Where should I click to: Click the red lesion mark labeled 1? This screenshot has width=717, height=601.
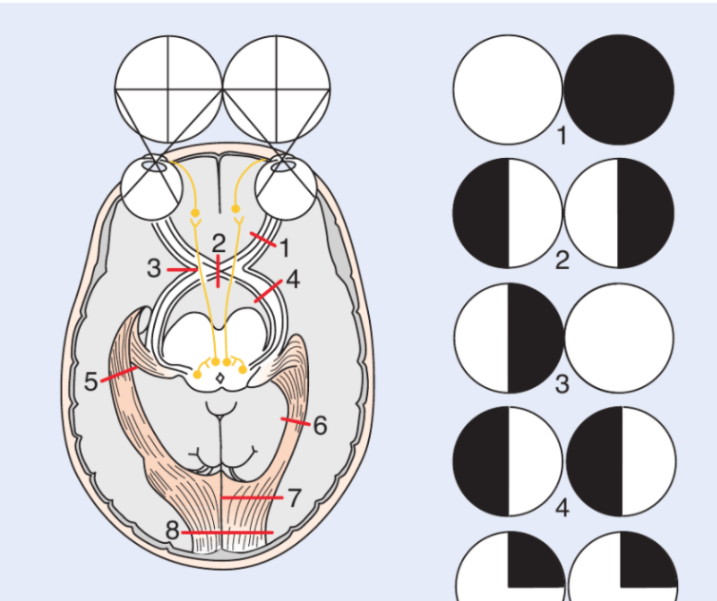262,240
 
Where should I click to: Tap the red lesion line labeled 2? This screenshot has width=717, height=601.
218,271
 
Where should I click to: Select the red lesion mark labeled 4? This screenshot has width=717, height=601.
268,291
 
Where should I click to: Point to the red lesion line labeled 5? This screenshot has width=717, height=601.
119,374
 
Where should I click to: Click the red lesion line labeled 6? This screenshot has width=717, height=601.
296,421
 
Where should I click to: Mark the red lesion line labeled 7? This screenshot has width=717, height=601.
252,497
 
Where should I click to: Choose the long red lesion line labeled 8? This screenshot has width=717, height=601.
227,533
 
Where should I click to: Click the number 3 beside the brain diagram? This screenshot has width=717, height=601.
154,268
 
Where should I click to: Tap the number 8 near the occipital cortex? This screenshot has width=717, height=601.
172,531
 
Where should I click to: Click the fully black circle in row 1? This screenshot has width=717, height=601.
619,89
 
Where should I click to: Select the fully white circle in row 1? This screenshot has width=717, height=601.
508,89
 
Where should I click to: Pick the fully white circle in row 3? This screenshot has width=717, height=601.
619,338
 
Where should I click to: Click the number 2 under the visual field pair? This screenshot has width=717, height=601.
562,261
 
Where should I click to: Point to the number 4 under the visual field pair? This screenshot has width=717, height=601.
562,508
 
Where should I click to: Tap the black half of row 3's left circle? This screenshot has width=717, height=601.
535,338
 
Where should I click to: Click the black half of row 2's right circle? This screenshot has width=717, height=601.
646,213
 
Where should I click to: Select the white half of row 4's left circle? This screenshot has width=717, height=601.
535,461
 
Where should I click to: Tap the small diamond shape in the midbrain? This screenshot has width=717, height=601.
221,378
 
